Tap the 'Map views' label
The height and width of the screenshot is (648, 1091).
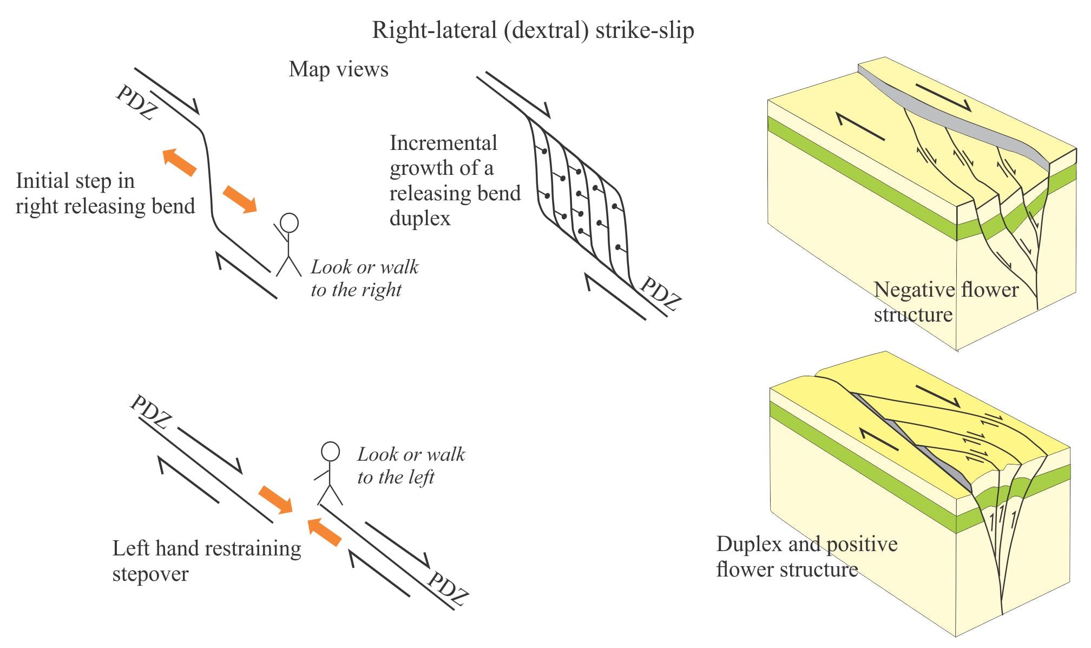338,69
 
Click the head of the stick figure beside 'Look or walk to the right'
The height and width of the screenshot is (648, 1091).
289,223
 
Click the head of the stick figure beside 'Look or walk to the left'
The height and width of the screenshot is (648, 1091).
330,451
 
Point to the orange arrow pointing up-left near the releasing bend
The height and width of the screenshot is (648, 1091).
179,162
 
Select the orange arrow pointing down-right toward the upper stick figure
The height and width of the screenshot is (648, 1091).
240,199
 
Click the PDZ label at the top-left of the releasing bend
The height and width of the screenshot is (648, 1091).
136,103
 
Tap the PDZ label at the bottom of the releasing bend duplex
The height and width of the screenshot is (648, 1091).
660,294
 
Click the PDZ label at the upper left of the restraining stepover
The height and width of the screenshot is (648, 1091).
150,411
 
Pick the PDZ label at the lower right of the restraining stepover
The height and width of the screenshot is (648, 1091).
447,588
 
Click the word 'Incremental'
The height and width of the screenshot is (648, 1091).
443,143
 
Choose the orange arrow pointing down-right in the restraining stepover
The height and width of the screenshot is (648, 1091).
275,499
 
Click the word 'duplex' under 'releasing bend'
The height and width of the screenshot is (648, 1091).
419,219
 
